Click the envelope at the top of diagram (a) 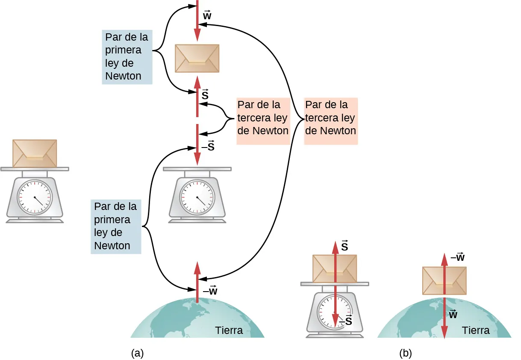197,58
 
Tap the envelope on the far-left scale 35,153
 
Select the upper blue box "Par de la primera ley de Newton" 127,57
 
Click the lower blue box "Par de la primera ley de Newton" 115,226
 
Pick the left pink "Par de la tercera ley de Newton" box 263,118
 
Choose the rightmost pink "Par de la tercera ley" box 330,118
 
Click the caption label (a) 137,353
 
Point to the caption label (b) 405,353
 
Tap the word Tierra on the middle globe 229,330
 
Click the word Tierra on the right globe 476,330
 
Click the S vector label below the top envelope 205,95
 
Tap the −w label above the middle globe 210,292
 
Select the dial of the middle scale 197,197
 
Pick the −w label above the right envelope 457,257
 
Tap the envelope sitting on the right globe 444,280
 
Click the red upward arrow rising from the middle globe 197,282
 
